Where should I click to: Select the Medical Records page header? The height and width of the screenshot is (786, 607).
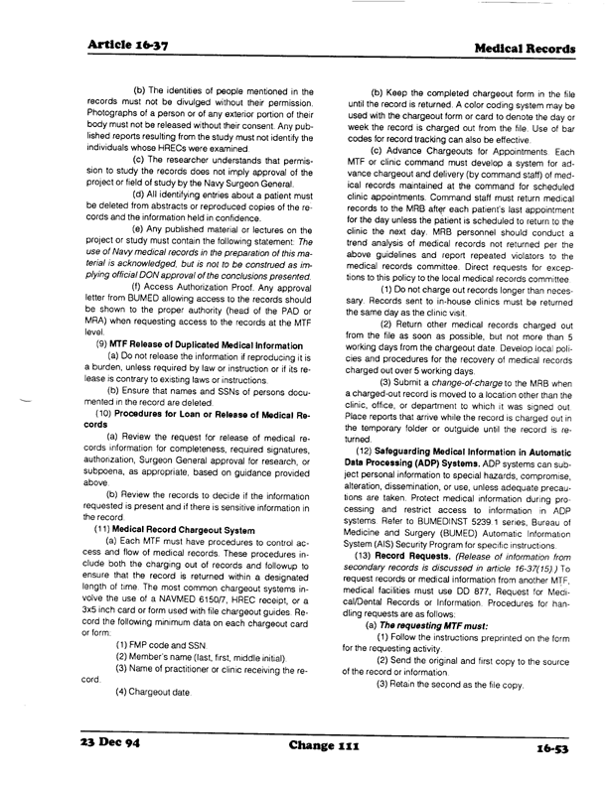coord(521,48)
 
